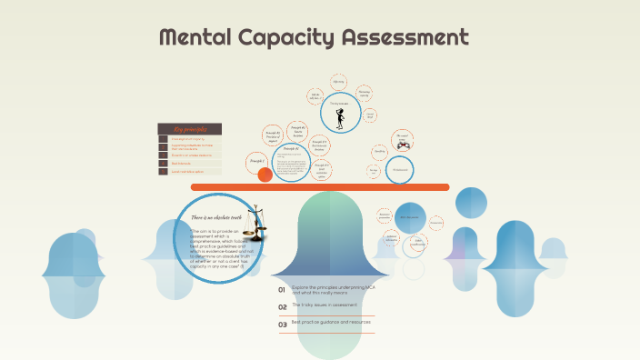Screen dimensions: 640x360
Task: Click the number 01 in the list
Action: (x=283, y=290)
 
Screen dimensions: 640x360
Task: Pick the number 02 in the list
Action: (x=283, y=307)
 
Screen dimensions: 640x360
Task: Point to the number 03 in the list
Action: (x=283, y=325)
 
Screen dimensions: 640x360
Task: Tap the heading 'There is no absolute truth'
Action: (x=217, y=217)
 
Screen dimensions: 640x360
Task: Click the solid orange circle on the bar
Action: (x=265, y=175)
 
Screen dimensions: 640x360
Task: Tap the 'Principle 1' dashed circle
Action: (x=256, y=161)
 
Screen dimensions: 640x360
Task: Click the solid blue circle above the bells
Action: (x=410, y=218)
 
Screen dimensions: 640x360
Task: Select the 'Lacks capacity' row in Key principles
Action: (x=190, y=155)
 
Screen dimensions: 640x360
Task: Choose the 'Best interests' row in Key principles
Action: (x=190, y=164)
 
